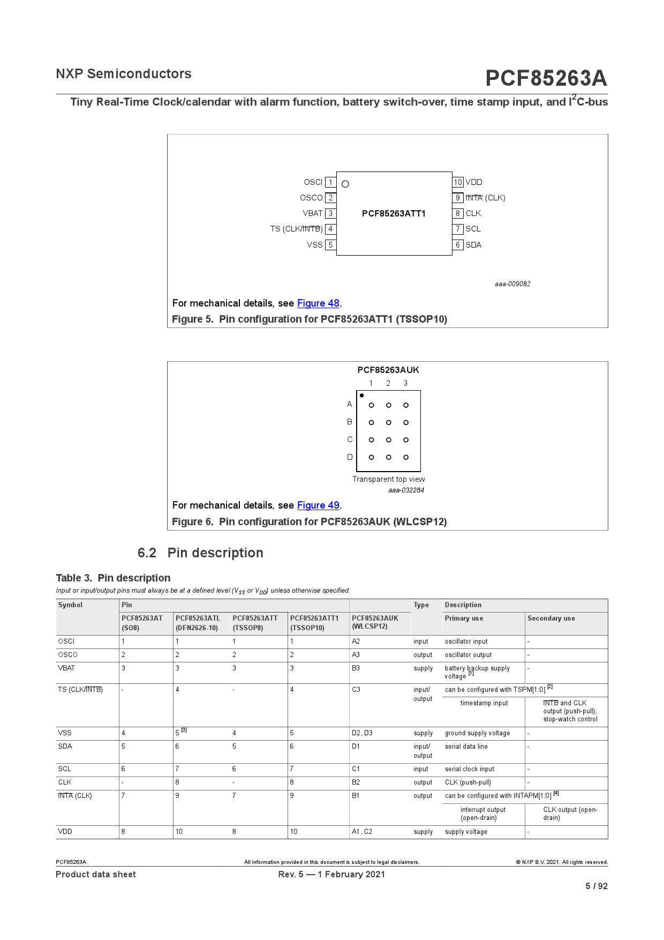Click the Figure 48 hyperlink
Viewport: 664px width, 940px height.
[x=318, y=303]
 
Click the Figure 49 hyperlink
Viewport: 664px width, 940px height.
[x=318, y=505]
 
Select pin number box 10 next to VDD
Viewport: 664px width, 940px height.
[x=458, y=182]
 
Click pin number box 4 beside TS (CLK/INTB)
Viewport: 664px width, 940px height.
[x=330, y=229]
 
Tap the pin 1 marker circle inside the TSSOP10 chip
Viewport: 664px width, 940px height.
[x=345, y=184]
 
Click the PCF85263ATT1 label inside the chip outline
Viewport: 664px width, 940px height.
[x=394, y=213]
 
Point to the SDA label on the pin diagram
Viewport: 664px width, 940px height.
[x=473, y=245]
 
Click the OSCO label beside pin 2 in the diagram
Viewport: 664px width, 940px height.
[x=311, y=198]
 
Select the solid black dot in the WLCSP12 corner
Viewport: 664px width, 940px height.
[x=362, y=396]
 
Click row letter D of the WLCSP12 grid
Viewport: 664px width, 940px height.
[x=350, y=457]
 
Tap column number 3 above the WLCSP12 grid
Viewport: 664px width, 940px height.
[x=405, y=383]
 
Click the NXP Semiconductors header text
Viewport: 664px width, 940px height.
[x=124, y=74]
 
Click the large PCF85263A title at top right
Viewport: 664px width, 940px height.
[x=546, y=78]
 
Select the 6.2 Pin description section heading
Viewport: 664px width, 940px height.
[x=200, y=553]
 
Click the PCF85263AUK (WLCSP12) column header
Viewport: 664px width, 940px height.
[x=375, y=622]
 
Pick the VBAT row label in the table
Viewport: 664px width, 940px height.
[x=66, y=668]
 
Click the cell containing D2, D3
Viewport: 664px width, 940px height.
[x=362, y=733]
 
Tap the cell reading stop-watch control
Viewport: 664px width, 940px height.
[x=570, y=719]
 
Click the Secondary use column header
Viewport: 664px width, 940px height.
[x=551, y=618]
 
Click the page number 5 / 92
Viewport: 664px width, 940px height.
[x=596, y=886]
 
